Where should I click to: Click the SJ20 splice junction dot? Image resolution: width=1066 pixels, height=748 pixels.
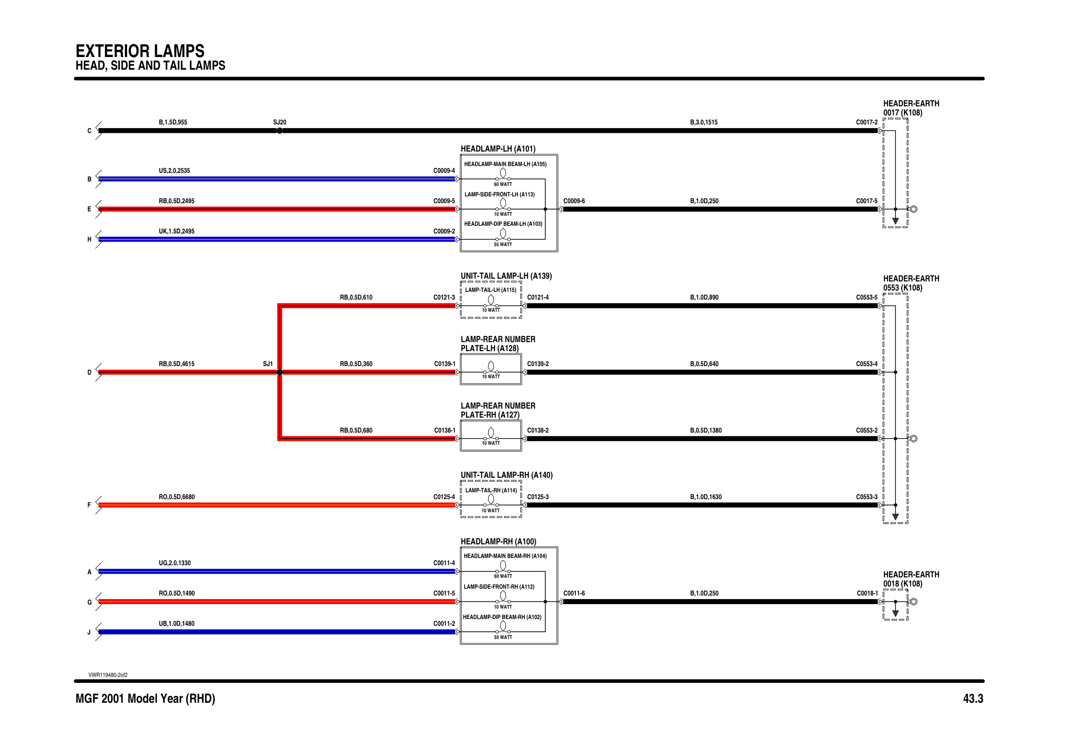tap(280, 131)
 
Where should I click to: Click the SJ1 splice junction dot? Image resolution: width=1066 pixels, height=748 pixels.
tap(280, 372)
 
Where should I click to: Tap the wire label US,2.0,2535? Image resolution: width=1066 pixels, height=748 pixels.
tap(174, 171)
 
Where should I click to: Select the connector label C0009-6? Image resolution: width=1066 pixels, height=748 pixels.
tap(574, 201)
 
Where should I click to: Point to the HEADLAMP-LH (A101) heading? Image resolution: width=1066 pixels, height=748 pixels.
tap(498, 148)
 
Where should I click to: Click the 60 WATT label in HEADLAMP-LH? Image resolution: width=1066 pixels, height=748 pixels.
tap(503, 184)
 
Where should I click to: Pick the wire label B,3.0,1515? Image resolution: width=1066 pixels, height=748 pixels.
tap(704, 122)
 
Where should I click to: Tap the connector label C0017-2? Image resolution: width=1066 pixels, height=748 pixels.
tap(867, 122)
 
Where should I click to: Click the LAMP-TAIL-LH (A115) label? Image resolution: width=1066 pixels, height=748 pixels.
tap(490, 290)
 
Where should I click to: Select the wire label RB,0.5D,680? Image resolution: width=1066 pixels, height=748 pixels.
tap(356, 430)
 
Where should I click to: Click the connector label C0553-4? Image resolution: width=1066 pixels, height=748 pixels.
tap(867, 364)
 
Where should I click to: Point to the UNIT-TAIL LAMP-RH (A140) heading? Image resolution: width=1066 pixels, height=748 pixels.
tap(507, 475)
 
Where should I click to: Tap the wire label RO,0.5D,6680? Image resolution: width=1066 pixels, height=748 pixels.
tap(176, 497)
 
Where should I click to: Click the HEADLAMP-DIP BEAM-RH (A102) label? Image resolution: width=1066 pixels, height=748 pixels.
tap(502, 617)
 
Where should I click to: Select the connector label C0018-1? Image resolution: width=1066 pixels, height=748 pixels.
tap(867, 593)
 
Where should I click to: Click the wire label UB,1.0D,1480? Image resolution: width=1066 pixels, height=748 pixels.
tap(176, 624)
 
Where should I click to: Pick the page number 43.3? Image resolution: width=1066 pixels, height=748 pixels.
tap(973, 699)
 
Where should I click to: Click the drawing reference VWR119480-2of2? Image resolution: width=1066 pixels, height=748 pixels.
tap(108, 675)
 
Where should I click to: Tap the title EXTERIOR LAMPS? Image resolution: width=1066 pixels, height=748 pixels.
tap(140, 51)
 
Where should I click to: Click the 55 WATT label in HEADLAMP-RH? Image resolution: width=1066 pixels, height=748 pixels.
tap(503, 638)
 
